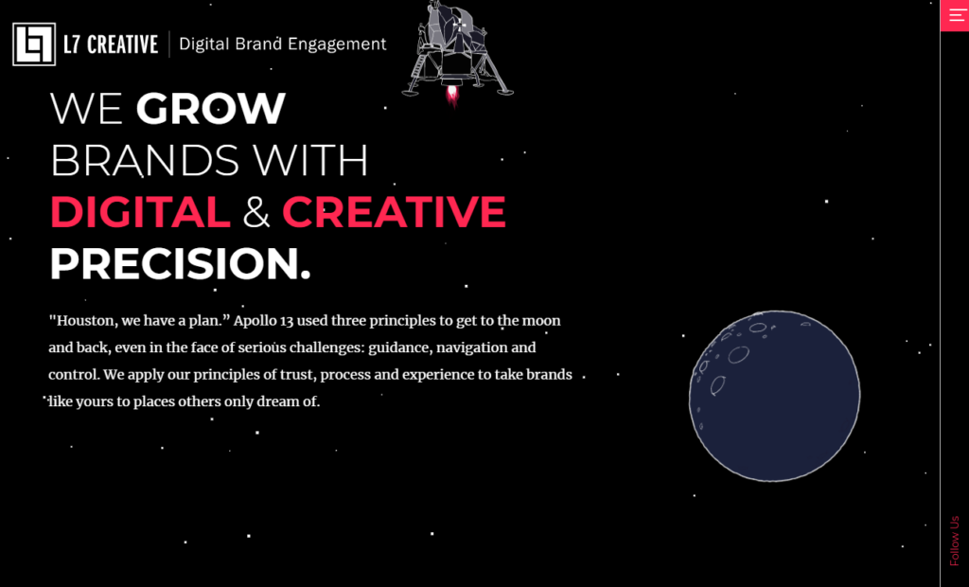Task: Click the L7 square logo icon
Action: (34, 44)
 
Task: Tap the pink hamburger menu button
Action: (955, 15)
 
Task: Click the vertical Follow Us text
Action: (955, 542)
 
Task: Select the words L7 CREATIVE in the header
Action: (111, 44)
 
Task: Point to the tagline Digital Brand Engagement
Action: (282, 44)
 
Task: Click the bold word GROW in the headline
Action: (211, 109)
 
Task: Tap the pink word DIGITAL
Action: (140, 211)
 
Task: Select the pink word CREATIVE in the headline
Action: (394, 211)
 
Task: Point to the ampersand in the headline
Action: (255, 212)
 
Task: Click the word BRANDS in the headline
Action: (145, 161)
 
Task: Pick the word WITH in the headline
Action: (310, 161)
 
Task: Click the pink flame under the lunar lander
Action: (452, 96)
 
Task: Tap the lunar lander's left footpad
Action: (410, 93)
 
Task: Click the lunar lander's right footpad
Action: (505, 92)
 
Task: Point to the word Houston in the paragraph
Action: (83, 320)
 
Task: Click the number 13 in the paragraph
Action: (286, 321)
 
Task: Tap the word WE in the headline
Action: (86, 109)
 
